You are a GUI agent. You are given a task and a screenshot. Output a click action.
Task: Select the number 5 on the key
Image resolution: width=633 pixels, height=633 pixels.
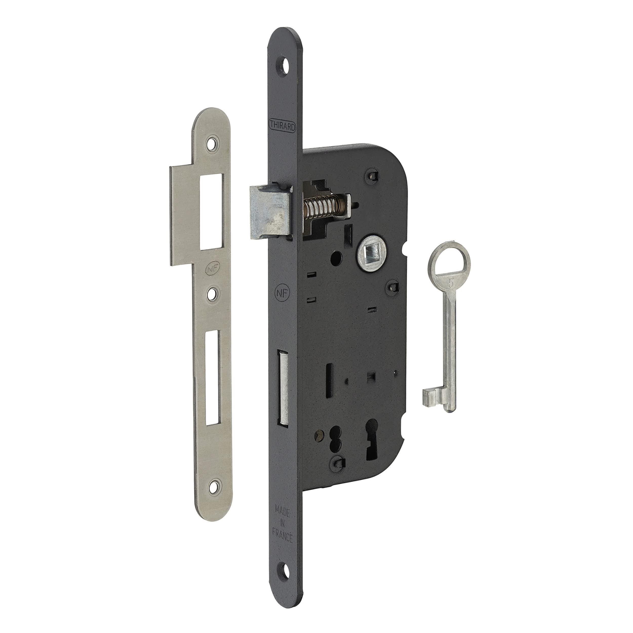click(x=451, y=283)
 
